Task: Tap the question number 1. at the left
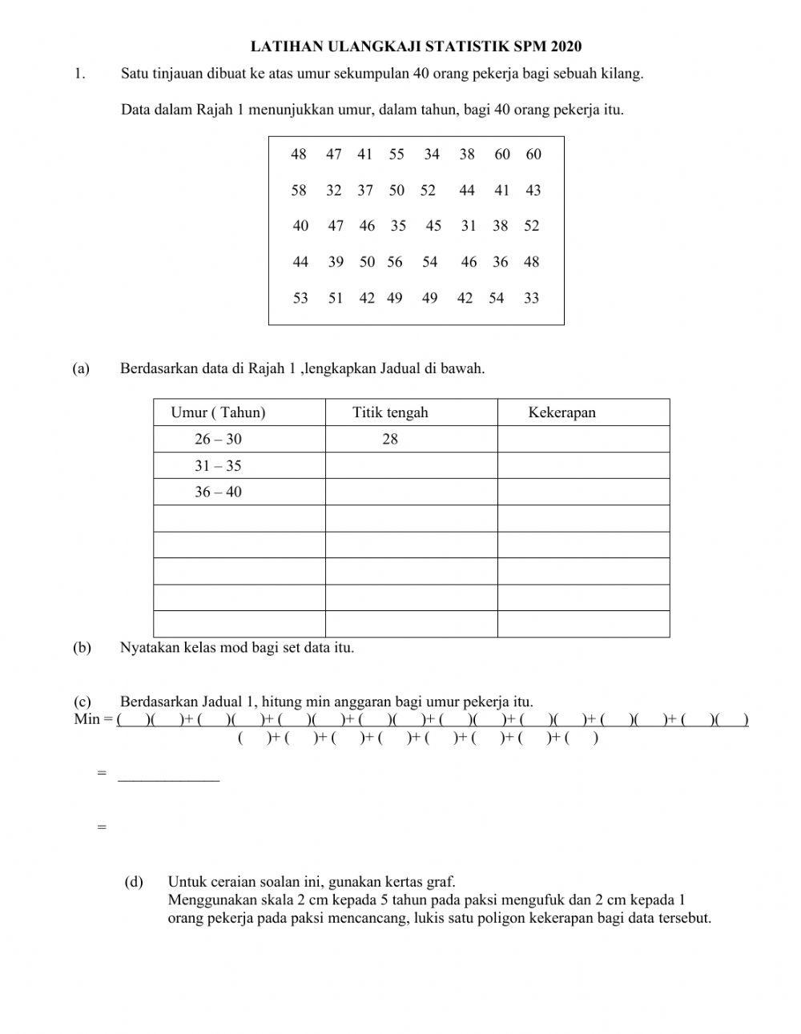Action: coord(78,74)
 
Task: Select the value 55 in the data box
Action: coord(396,155)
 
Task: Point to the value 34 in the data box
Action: coord(432,155)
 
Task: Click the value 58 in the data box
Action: coord(299,191)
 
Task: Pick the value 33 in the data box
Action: coord(531,299)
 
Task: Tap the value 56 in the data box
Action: coord(395,262)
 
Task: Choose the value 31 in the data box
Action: coord(469,226)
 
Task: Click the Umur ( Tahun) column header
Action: coord(218,412)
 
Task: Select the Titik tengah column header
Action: coord(390,412)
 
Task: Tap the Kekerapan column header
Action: coord(562,412)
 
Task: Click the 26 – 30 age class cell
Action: coord(218,439)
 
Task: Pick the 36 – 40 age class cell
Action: coord(218,492)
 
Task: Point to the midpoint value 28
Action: coord(390,439)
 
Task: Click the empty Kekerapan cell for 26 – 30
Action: coord(583,439)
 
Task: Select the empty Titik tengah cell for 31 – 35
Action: coord(411,465)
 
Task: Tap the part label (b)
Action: coord(81,647)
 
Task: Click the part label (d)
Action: coord(134,882)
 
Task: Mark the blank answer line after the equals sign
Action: coord(168,774)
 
